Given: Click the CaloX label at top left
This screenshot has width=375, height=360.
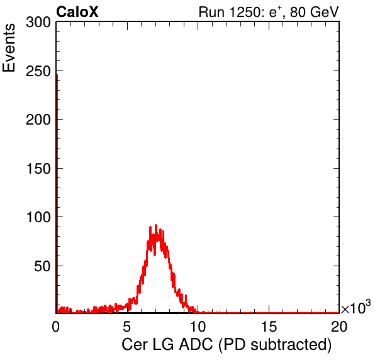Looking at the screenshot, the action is coord(77,12).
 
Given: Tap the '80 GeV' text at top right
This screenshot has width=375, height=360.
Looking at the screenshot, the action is coord(314,12).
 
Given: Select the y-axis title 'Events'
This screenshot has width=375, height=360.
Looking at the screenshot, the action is coord(9,48).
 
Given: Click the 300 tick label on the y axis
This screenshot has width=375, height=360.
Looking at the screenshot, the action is coord(38,23).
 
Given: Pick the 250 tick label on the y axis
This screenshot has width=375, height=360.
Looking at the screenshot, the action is coord(38,71).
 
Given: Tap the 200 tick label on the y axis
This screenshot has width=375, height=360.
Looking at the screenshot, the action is coord(38,120).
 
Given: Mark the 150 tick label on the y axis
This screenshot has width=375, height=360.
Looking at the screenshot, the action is coord(38,169).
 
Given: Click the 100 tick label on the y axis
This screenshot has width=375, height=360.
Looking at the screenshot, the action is coord(38,217).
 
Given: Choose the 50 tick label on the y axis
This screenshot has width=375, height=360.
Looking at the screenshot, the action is coord(43,266).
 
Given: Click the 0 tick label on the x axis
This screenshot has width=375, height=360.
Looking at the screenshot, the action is coord(56,326).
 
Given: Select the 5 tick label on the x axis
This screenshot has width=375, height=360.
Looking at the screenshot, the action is coord(126,326).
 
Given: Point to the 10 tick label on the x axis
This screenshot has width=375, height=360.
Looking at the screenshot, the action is coord(198,326).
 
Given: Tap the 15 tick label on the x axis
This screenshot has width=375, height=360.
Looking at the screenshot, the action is coord(269,326).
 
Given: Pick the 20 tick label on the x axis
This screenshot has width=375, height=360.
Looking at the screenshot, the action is coord(339,326).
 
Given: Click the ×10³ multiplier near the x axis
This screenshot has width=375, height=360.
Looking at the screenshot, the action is coord(356,307).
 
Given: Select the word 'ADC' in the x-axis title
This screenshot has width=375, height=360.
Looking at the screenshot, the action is coord(196,345).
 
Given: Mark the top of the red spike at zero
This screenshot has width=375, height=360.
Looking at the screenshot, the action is coord(57,75).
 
